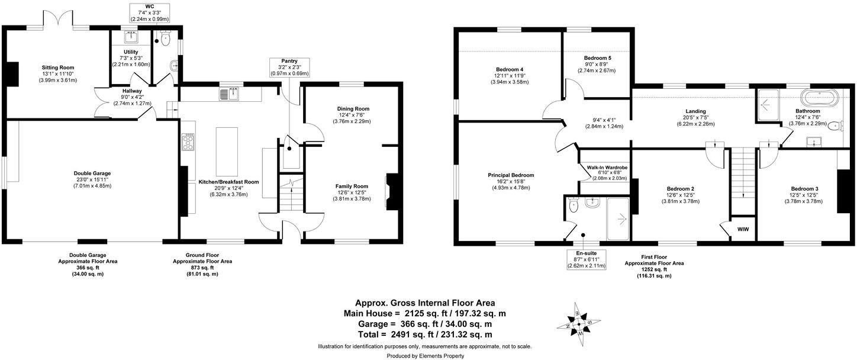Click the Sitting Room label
point(57,67)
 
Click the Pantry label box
point(289,67)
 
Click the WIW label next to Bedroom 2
point(743,230)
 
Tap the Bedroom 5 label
point(597,57)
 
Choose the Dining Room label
point(353,108)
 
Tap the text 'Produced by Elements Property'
point(425,356)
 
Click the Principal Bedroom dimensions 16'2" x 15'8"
point(511,181)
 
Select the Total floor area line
point(424,335)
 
